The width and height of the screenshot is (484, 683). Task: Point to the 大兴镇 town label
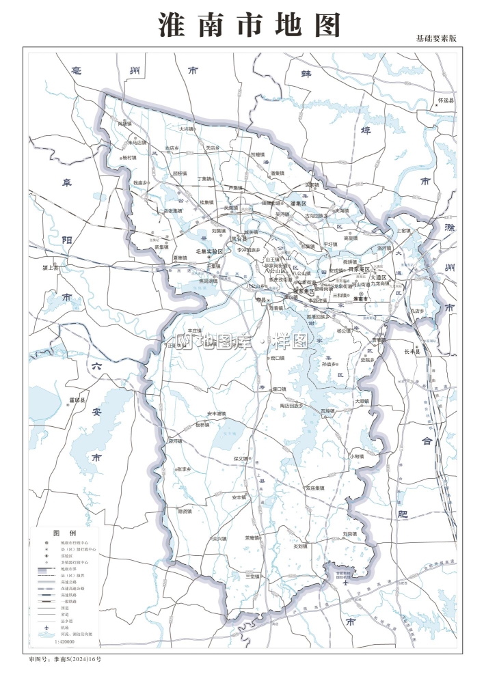(187, 128)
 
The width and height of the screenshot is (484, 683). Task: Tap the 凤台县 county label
(238, 239)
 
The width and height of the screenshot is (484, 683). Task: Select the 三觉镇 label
(252, 576)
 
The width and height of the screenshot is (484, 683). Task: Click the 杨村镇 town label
(129, 157)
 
